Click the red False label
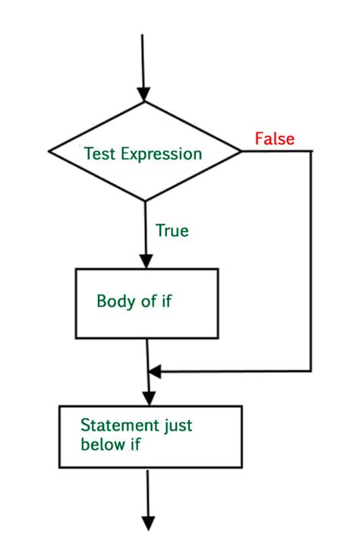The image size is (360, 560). (274, 139)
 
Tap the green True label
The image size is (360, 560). (172, 230)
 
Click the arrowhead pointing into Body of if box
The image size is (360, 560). (144, 261)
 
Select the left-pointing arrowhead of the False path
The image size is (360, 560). (155, 372)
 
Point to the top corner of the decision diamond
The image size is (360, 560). (144, 102)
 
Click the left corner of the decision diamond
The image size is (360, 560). (49, 152)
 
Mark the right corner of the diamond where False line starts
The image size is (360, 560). (240, 152)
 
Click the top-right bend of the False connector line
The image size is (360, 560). (311, 152)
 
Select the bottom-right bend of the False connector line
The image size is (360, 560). (311, 372)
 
